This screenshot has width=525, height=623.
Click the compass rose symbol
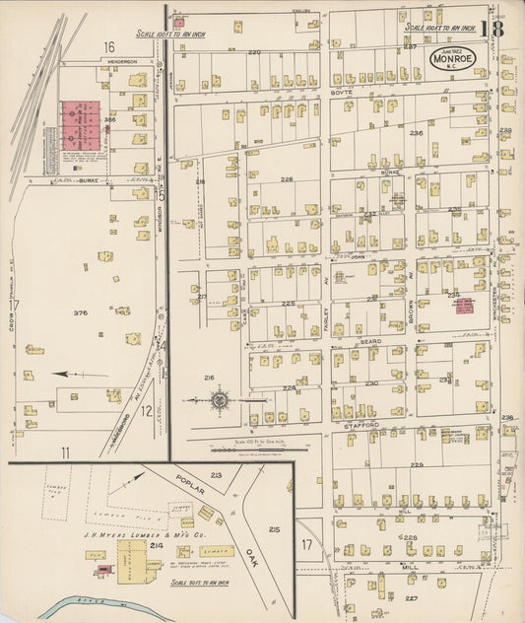coord(220,400)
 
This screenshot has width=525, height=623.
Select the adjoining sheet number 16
coord(107,46)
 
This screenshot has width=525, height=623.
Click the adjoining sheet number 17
coord(306,543)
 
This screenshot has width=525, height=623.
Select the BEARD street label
coord(370,341)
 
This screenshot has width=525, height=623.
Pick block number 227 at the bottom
coord(410,598)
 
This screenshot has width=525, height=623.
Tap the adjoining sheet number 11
coord(66,451)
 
